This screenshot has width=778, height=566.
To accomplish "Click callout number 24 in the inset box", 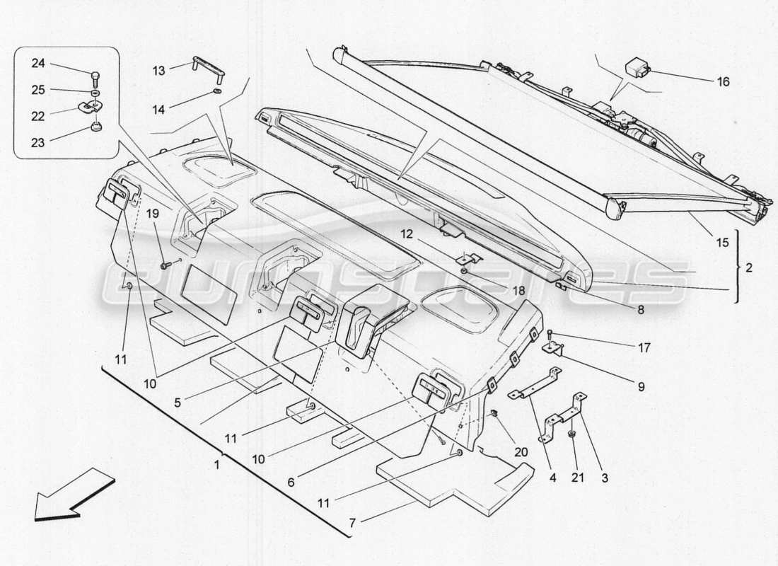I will coord(37,64).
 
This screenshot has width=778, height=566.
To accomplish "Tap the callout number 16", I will coord(722,82).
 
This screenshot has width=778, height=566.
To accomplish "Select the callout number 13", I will coord(158,71).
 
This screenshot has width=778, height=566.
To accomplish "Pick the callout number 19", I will coord(152,213).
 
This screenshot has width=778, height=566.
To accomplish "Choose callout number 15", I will coord(721,243).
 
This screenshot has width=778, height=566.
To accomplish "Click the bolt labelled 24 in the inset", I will coord(93,74).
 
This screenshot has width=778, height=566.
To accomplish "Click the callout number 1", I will coord(217,465).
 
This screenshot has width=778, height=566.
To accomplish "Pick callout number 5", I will coord(178,402).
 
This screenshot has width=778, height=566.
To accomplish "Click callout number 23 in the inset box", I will coord(37,142).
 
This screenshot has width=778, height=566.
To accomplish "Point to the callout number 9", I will coord(640,386).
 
